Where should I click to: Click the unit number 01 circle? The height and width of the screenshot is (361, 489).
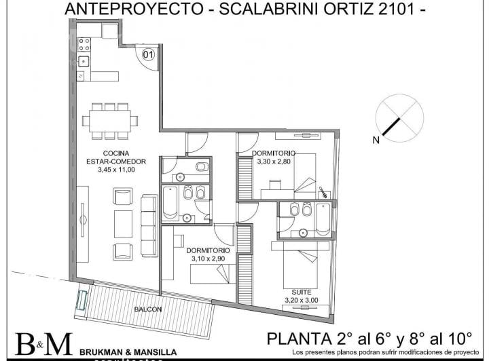coord(148,55)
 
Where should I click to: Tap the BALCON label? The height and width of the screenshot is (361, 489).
coord(148,309)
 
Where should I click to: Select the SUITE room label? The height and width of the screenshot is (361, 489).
coord(302,292)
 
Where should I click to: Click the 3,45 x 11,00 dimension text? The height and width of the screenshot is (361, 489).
coord(116,170)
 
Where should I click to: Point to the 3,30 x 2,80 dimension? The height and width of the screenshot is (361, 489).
coord(274,161)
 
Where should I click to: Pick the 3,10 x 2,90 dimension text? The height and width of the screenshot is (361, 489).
coord(208,259)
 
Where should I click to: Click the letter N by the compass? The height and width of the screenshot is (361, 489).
coord(376,140)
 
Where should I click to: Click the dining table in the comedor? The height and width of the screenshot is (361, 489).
coord(110,121)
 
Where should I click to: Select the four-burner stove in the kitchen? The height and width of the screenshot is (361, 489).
coord(84,44)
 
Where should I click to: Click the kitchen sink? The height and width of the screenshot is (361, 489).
coord(84,61)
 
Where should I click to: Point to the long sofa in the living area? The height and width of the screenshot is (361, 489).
coord(149,225)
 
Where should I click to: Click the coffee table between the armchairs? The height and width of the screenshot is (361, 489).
coord(123,224)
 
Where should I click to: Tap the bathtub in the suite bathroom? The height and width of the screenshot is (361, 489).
coord(323,219)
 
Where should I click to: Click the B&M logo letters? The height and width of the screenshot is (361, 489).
coord(44,344)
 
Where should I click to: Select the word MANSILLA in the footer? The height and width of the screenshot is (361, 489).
coord(156,352)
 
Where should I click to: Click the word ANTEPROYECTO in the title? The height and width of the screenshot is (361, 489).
coord(134,9)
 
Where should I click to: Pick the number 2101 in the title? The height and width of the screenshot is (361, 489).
coord(397,9)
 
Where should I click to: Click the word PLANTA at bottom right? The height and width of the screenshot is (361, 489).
coord(299,339)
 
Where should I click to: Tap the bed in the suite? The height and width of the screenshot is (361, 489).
coord(300,265)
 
